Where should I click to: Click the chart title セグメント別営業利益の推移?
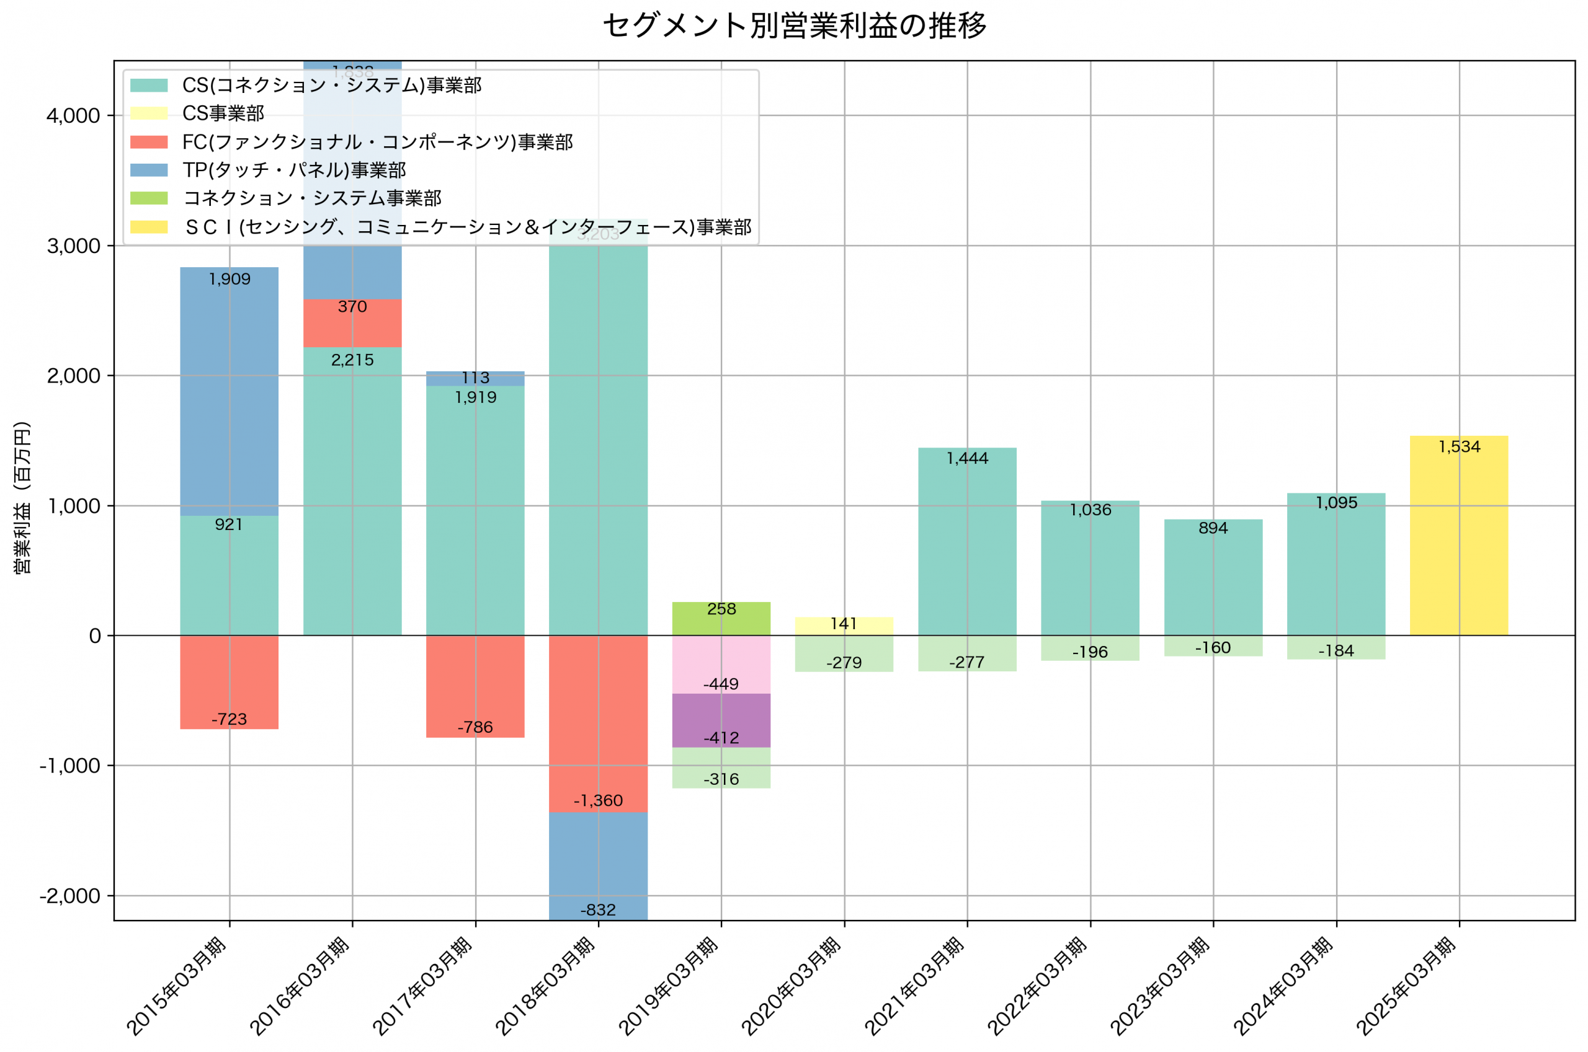(x=794, y=25)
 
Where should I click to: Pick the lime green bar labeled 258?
(x=721, y=619)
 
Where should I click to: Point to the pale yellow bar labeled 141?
(x=844, y=627)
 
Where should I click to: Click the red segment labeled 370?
(x=352, y=324)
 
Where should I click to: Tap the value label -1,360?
(x=598, y=800)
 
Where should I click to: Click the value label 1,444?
(x=967, y=458)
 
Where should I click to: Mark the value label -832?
(x=598, y=910)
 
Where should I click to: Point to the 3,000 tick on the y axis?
(x=73, y=246)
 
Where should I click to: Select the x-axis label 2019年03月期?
(x=668, y=986)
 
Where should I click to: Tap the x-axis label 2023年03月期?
(x=1160, y=986)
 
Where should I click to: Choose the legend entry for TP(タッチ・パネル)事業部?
(x=294, y=170)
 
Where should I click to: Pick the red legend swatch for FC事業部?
(x=149, y=141)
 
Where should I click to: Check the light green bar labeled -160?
(x=1213, y=646)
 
